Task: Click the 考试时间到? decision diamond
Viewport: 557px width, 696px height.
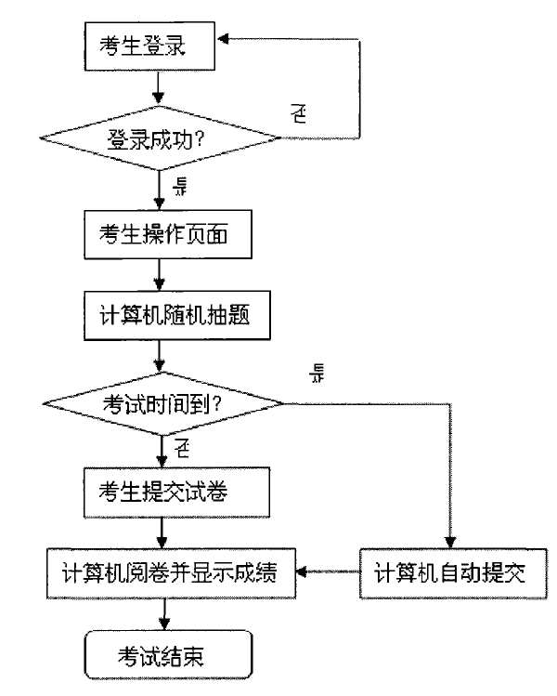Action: click(164, 405)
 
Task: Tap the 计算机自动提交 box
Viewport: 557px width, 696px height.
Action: click(449, 570)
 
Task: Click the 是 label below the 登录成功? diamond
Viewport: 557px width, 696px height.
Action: click(180, 187)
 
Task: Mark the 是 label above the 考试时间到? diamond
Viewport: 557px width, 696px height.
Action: click(317, 374)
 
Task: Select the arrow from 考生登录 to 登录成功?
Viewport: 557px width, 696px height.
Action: click(162, 88)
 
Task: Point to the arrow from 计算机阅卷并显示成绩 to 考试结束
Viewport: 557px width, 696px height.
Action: click(165, 614)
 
